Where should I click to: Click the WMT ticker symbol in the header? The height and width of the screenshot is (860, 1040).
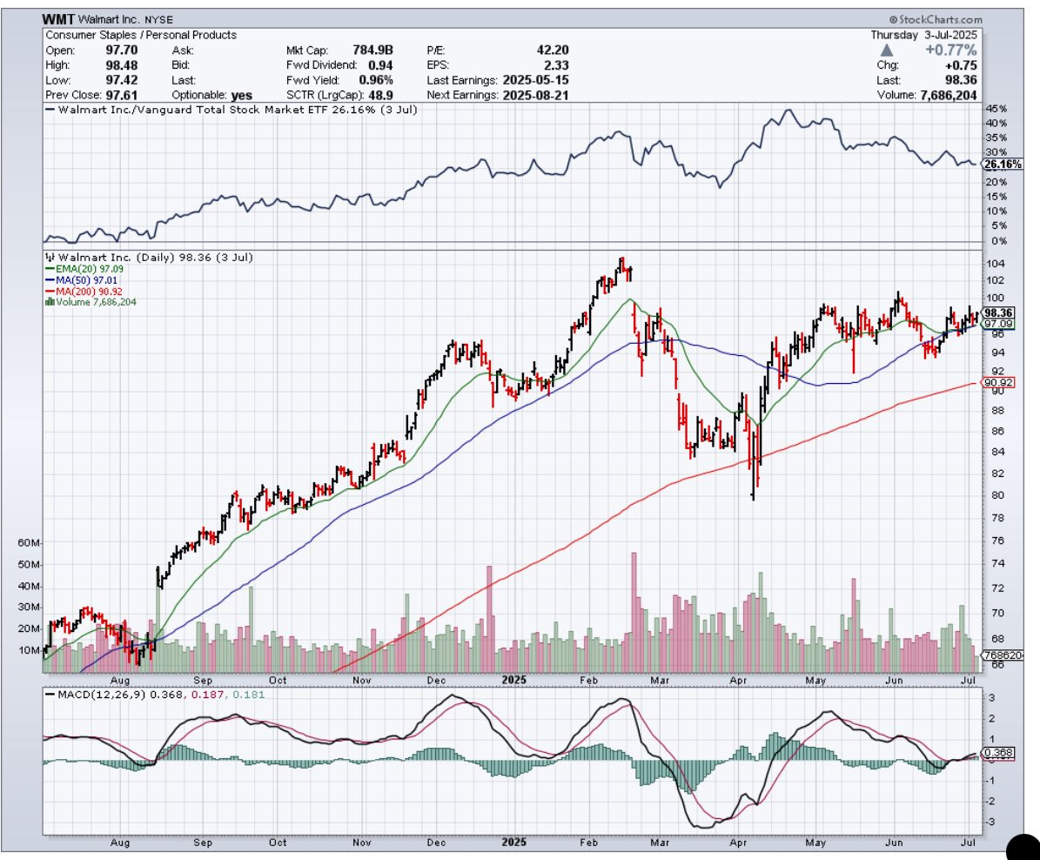58,19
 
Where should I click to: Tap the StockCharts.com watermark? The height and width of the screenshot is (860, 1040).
936,19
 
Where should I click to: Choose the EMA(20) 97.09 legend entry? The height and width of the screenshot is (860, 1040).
81,270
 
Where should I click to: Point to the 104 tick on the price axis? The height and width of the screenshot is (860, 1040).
996,264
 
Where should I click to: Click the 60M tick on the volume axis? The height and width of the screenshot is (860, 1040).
30,543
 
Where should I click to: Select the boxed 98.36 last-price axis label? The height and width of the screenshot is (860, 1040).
996,313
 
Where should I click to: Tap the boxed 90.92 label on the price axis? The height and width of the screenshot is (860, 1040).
996,382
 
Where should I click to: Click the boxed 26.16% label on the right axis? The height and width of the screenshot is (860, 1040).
996,164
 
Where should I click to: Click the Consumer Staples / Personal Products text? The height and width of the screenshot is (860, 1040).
141,36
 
